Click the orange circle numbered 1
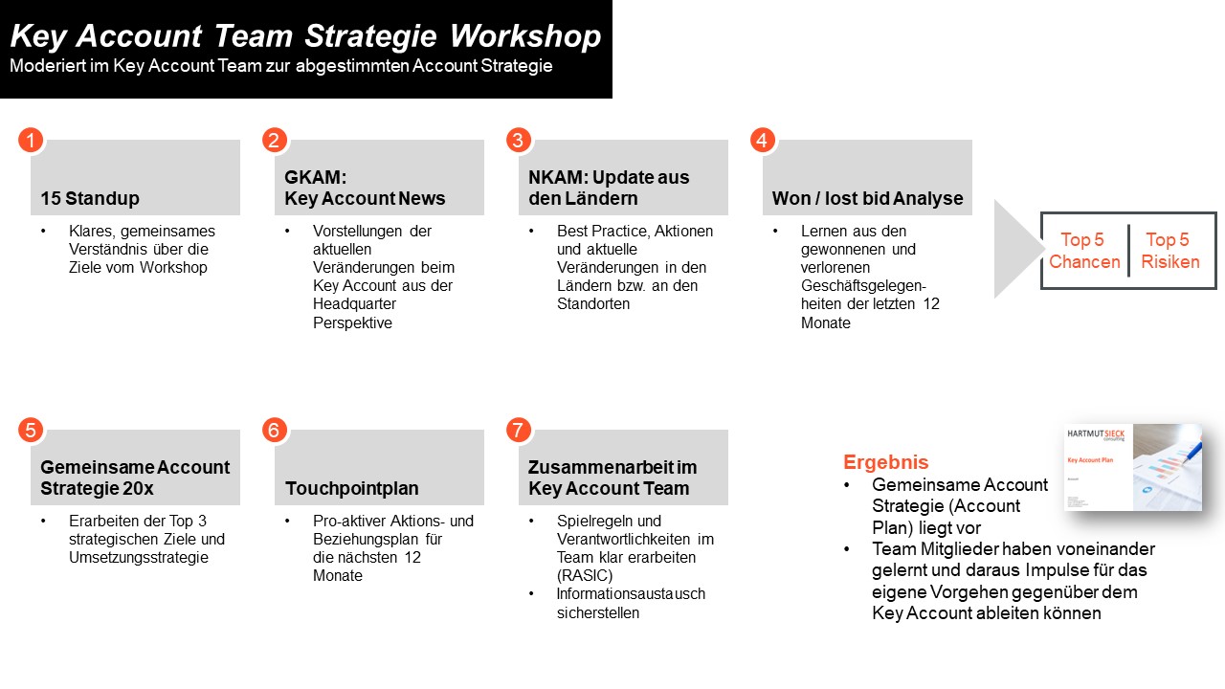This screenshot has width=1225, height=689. click(x=31, y=141)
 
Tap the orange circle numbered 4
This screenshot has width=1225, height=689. click(x=762, y=141)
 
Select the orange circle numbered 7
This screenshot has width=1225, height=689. click(x=518, y=431)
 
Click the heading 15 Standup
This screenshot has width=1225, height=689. click(x=90, y=198)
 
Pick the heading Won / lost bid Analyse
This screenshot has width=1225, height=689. click(x=867, y=198)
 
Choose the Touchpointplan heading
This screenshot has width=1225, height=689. click(x=351, y=488)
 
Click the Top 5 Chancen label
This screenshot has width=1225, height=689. click(x=1084, y=251)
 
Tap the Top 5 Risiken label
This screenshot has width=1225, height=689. click(x=1169, y=251)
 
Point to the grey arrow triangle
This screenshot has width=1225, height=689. click(x=1014, y=249)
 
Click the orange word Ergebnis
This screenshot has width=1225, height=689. click(x=885, y=462)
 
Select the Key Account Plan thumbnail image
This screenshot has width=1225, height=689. click(x=1133, y=467)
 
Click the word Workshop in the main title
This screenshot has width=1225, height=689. click(x=525, y=36)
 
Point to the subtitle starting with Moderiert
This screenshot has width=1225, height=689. click(x=280, y=66)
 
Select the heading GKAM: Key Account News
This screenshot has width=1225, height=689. click(x=365, y=188)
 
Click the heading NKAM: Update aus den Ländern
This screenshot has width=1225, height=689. click(x=609, y=188)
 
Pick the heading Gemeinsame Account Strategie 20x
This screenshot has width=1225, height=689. click(x=135, y=478)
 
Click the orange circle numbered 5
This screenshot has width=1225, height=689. click(x=31, y=431)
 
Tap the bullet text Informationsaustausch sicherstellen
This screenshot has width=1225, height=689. click(x=631, y=603)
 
